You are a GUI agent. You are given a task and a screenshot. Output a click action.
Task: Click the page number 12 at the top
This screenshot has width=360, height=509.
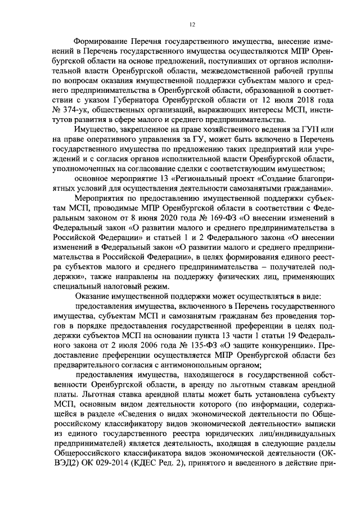[x=192, y=24]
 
